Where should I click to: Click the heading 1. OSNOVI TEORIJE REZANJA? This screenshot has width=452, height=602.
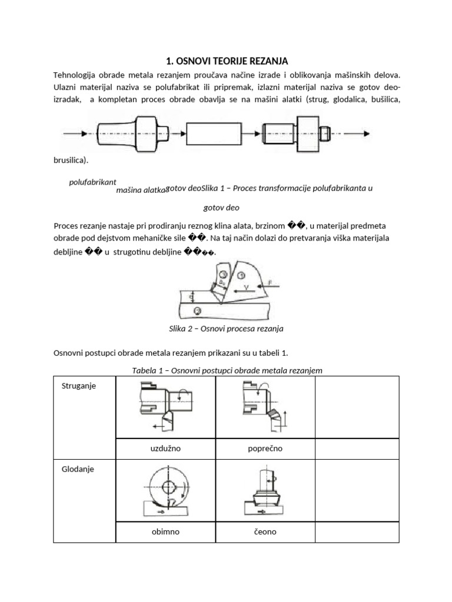point(226,61)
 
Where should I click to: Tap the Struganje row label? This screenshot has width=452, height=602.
point(79,386)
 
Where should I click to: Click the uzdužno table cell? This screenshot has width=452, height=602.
point(165,448)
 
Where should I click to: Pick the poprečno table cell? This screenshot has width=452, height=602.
point(265,448)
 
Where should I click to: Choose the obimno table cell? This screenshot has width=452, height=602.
point(165,531)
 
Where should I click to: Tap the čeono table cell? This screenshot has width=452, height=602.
point(265,531)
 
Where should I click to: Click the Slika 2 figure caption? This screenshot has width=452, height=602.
point(226,329)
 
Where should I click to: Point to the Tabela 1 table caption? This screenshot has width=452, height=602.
point(226,370)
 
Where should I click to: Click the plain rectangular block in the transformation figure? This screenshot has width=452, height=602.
point(213,133)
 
